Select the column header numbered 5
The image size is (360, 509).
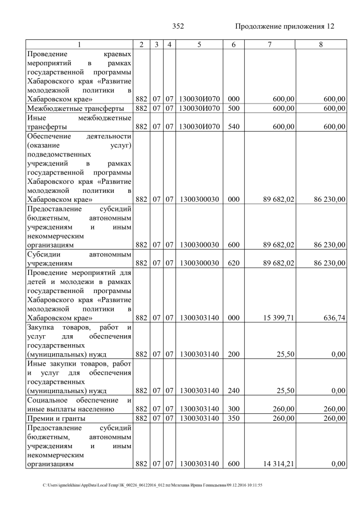tap(199, 44)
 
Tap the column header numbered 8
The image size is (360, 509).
tap(320, 44)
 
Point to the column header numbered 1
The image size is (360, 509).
tap(79, 44)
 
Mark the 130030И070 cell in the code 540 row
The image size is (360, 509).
tap(199, 127)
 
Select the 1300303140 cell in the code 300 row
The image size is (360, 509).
tap(199, 409)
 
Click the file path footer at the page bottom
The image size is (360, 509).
tap(152, 485)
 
